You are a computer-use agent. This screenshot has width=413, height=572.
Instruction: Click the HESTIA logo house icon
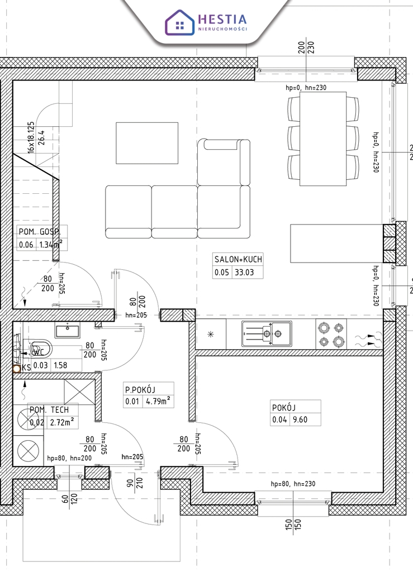(x=179, y=22)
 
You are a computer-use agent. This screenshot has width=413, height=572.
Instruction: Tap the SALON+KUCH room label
(x=238, y=259)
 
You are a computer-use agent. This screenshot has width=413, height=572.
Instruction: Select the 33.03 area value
(x=244, y=272)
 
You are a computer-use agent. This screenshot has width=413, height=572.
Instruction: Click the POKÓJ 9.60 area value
(x=300, y=420)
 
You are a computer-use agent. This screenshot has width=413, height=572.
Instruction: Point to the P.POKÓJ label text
(x=140, y=389)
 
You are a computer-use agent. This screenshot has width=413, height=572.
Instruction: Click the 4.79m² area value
(x=158, y=401)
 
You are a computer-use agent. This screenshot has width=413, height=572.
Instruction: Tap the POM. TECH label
(x=49, y=409)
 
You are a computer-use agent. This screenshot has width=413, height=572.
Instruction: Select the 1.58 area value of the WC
(x=60, y=365)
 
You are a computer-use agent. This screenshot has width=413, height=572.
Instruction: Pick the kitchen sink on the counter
(x=267, y=333)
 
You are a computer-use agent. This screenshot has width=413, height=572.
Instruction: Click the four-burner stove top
(x=331, y=334)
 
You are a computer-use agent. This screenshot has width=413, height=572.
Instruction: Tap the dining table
(x=323, y=139)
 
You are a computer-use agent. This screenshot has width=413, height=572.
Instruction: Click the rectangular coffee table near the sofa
(x=147, y=143)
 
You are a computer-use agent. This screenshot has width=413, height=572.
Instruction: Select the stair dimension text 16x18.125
(x=31, y=137)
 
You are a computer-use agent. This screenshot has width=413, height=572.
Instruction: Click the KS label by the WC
(x=26, y=368)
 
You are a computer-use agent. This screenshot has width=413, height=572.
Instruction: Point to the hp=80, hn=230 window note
(x=293, y=484)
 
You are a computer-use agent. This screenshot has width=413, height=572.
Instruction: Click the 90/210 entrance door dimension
(x=135, y=483)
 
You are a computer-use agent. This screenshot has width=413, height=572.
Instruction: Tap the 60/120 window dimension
(x=69, y=498)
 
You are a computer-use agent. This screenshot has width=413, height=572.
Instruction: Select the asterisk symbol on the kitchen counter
(x=211, y=334)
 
